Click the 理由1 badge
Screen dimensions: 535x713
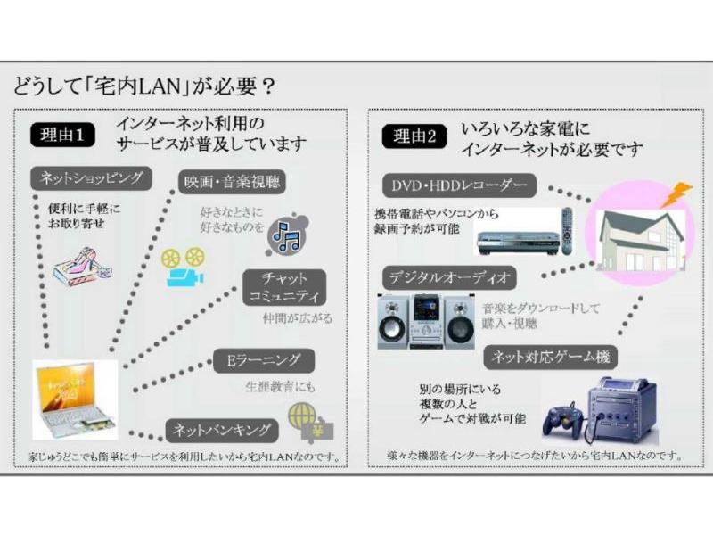click(x=62, y=136)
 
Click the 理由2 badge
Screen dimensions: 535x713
click(x=416, y=136)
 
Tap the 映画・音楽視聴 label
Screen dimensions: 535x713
click(x=230, y=183)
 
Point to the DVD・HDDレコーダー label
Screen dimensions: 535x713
click(x=460, y=185)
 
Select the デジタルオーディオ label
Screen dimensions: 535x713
click(x=449, y=276)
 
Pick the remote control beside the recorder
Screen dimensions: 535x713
click(x=565, y=230)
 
